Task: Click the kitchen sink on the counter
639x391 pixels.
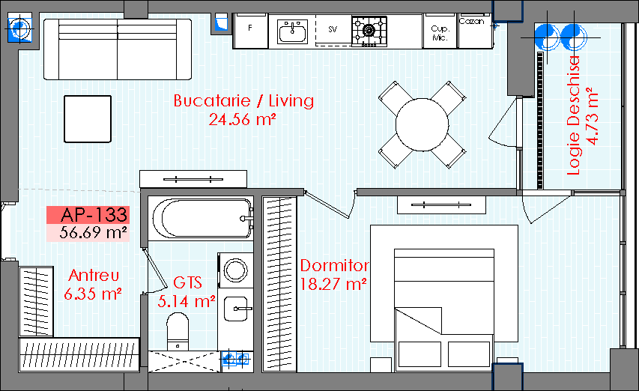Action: coord(293,31)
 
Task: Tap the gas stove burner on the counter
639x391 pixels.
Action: coord(369,31)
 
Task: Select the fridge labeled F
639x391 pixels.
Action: coord(250,31)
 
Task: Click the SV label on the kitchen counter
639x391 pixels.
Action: coord(333,29)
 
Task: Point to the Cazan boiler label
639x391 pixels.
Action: coord(471,21)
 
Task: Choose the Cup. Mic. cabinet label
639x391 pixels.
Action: coord(440,33)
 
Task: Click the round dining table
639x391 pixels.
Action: coord(423,124)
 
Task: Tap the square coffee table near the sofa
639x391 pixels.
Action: coord(88,119)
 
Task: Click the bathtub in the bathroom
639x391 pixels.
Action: coord(202,218)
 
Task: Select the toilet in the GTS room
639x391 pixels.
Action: coord(178,332)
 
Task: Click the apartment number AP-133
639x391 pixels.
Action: coord(94,215)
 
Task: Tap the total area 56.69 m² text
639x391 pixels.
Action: coord(94,232)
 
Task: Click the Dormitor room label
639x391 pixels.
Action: coord(335,266)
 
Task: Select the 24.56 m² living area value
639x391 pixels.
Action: coord(243,119)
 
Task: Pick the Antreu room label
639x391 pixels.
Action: coord(94,276)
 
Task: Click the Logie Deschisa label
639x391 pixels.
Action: coord(573,115)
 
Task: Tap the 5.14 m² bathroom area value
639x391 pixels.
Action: coord(187,301)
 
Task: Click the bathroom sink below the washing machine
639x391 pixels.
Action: coord(235,309)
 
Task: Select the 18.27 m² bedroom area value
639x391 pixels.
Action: coord(333,284)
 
